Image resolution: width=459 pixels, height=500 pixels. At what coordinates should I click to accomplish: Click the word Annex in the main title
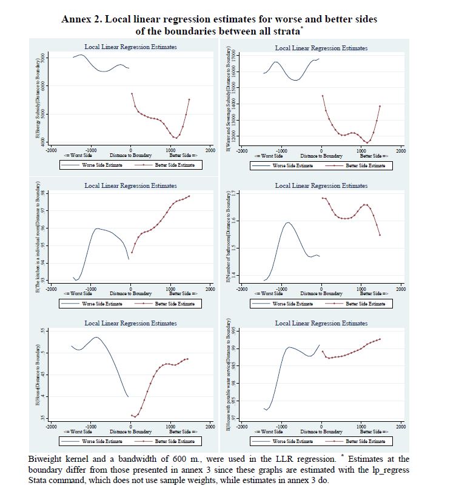[x=77, y=19]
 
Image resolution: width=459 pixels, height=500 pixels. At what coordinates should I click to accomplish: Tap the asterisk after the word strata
[x=303, y=28]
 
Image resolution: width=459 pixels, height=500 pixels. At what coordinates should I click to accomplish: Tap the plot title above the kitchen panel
[x=130, y=185]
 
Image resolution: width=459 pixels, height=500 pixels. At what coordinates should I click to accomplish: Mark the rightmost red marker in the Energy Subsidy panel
[x=189, y=99]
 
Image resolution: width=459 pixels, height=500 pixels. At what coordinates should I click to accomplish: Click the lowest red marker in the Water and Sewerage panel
[x=367, y=143]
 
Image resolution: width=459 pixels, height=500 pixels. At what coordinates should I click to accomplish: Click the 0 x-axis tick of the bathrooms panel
[x=321, y=288]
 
